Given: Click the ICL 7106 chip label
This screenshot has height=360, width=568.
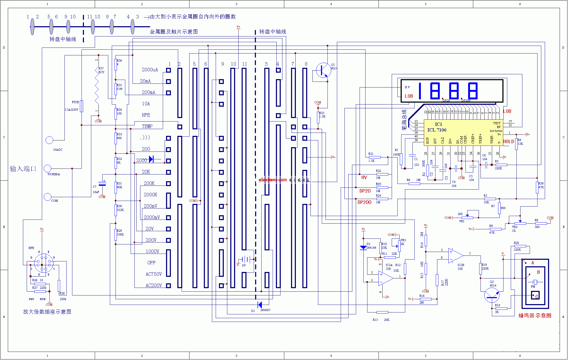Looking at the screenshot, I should (x=437, y=130).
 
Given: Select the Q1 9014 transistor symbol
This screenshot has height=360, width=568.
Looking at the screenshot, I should (x=323, y=70).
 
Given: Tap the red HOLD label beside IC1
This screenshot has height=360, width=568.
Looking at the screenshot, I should (x=509, y=142).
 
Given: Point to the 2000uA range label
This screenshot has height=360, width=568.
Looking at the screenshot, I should (x=150, y=70).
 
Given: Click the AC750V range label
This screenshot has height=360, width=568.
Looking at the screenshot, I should (x=154, y=274).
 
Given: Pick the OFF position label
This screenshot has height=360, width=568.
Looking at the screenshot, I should (x=151, y=263).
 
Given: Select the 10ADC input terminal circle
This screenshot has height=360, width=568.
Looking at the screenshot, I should (x=49, y=140).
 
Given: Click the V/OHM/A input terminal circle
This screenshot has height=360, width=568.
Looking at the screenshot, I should (x=48, y=169).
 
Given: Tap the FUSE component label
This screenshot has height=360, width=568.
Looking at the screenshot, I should (x=75, y=102).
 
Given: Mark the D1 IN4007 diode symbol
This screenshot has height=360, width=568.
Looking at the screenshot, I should (x=260, y=305).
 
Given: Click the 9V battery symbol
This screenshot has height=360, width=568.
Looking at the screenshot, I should (x=246, y=260).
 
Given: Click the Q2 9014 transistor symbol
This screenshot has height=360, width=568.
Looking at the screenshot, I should (x=492, y=295).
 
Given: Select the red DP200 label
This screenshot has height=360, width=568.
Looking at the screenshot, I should (x=364, y=202).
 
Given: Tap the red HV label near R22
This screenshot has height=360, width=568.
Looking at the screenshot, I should (x=364, y=177).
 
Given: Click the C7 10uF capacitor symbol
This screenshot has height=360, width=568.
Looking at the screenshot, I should (x=102, y=184).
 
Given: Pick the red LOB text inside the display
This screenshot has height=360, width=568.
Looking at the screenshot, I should (x=409, y=96).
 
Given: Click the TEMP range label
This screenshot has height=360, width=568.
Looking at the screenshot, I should (x=147, y=126).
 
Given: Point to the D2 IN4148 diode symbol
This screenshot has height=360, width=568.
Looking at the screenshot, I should (x=363, y=247).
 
